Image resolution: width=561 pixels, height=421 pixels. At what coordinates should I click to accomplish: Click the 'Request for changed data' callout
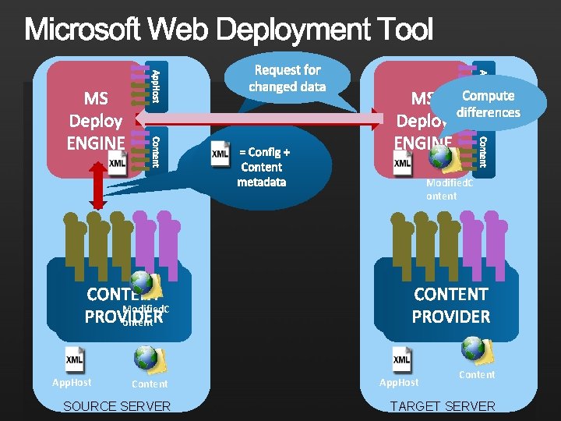point(287,79)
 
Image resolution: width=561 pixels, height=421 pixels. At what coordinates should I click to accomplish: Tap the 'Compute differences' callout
point(488,104)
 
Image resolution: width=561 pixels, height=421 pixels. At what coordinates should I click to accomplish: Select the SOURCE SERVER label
point(117,406)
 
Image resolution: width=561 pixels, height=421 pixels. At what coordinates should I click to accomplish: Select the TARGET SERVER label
point(442,406)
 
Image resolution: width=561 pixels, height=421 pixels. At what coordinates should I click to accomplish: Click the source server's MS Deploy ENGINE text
point(96,121)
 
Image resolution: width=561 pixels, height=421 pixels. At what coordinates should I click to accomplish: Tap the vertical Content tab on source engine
point(155,150)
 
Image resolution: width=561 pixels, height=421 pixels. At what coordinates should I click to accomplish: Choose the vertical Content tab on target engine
point(482,150)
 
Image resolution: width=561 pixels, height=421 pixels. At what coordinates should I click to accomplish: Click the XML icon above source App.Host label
point(75,359)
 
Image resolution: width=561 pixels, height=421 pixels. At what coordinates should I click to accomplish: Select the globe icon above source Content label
point(147,358)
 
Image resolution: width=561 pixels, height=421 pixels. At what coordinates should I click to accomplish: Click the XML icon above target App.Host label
point(402,359)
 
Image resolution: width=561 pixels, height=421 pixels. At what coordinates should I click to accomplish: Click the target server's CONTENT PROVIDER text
point(451,306)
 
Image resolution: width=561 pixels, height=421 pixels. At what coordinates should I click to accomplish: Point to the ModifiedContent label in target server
point(450,189)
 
